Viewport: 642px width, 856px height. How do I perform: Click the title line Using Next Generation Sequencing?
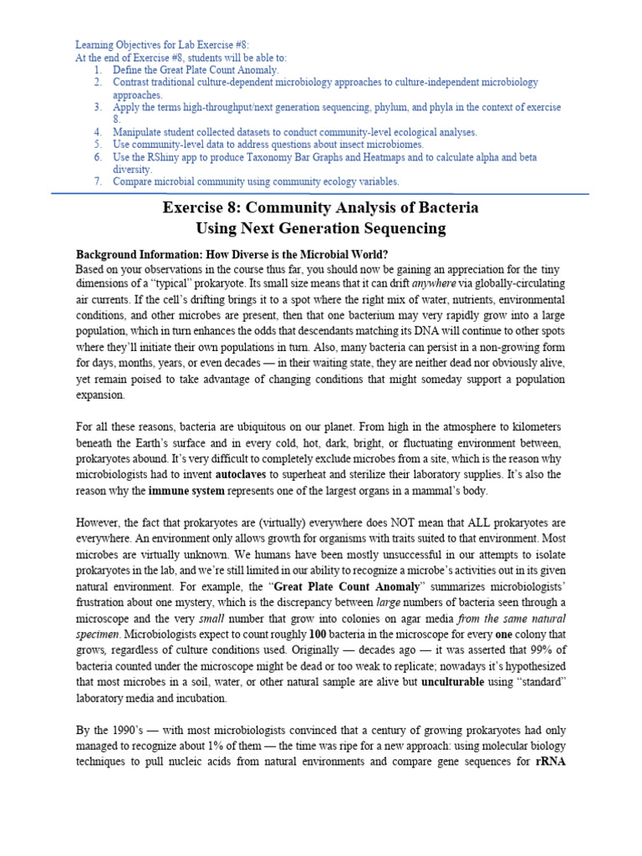point(320,228)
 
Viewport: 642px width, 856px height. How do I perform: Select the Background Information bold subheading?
point(232,254)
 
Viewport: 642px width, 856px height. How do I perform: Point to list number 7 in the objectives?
point(98,181)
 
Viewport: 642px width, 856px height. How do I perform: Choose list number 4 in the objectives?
point(98,132)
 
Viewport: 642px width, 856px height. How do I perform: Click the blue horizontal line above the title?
point(320,194)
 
